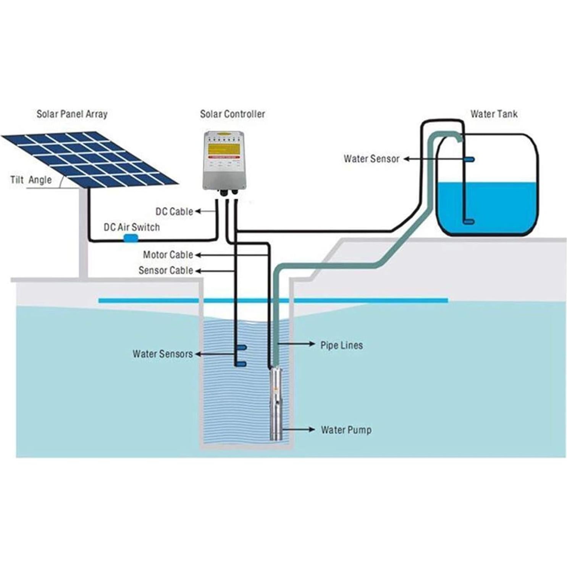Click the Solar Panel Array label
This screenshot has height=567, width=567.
click(72, 114)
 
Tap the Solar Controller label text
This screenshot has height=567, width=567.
click(232, 114)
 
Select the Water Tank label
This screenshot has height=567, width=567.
click(494, 114)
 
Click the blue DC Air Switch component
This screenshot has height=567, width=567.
click(131, 239)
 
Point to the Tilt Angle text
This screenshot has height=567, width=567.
click(31, 180)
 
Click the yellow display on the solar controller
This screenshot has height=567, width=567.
click(223, 149)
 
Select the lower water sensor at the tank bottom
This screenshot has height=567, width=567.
click(468, 221)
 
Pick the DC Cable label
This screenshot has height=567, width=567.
click(174, 212)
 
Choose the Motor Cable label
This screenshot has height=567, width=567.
click(168, 255)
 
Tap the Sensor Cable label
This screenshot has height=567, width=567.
click(166, 270)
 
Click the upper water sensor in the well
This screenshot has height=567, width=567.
click(242, 347)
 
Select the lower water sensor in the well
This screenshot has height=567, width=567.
click(241, 364)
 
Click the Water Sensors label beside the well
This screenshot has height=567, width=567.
click(163, 354)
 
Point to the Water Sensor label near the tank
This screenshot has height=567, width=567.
click(371, 159)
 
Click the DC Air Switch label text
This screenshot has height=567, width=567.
click(132, 227)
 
